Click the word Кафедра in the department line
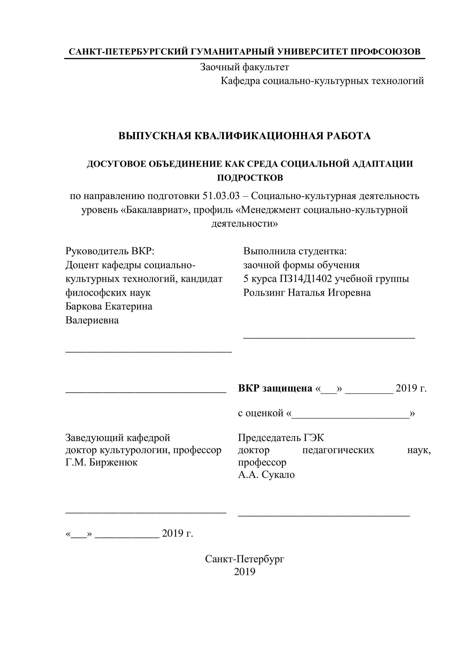click(240, 81)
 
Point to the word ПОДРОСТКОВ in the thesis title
click(250, 178)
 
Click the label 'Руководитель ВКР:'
click(110, 251)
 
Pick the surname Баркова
click(84, 306)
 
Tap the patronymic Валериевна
click(92, 320)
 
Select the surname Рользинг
click(264, 293)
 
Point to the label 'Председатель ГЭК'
click(281, 438)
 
